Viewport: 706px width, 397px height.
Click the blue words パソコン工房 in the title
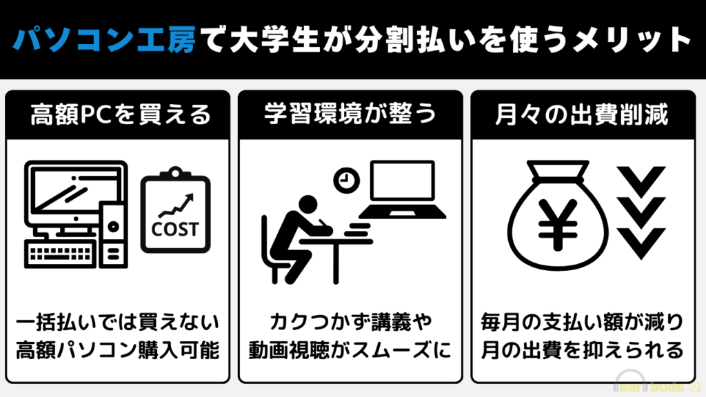coord(104,39)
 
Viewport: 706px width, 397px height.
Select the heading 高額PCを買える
coord(120,114)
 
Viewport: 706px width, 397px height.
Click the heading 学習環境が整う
coord(350,114)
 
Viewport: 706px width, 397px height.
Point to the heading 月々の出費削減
coord(582,114)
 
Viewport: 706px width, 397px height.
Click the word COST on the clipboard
coord(175,230)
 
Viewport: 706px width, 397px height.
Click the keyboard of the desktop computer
coord(61,254)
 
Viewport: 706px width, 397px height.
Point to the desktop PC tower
coord(113,234)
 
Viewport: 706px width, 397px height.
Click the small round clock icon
coord(346,181)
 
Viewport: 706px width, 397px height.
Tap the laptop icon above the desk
coord(402,190)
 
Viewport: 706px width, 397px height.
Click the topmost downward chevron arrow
coord(641,181)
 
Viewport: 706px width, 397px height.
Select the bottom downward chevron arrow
coord(641,243)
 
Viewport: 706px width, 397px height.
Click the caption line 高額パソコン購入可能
coord(118,351)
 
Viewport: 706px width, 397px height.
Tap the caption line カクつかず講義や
coord(351,323)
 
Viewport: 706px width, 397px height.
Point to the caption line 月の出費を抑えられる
coord(582,351)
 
